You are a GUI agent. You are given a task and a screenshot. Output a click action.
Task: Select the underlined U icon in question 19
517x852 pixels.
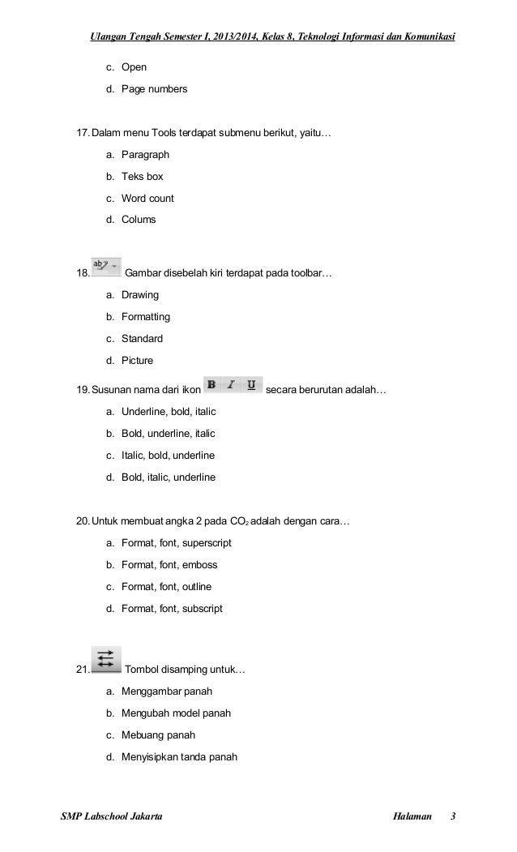click(251, 384)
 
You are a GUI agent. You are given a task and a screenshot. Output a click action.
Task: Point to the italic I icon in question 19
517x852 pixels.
click(232, 384)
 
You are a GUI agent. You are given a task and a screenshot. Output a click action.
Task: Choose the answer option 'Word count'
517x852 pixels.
click(147, 198)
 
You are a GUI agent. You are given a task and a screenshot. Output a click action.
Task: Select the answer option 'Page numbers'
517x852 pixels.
click(154, 88)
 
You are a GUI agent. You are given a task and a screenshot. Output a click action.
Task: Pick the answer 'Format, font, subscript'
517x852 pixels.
click(172, 608)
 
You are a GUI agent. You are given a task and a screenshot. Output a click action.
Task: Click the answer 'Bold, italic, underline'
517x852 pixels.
click(169, 477)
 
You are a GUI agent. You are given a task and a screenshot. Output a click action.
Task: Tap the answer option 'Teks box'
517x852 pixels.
click(143, 176)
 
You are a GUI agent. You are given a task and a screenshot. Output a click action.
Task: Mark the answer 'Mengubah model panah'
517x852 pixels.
click(176, 713)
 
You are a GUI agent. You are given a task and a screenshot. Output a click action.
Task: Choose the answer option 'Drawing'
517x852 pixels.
click(140, 295)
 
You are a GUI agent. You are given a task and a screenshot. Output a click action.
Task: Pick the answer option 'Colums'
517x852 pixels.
click(139, 220)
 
